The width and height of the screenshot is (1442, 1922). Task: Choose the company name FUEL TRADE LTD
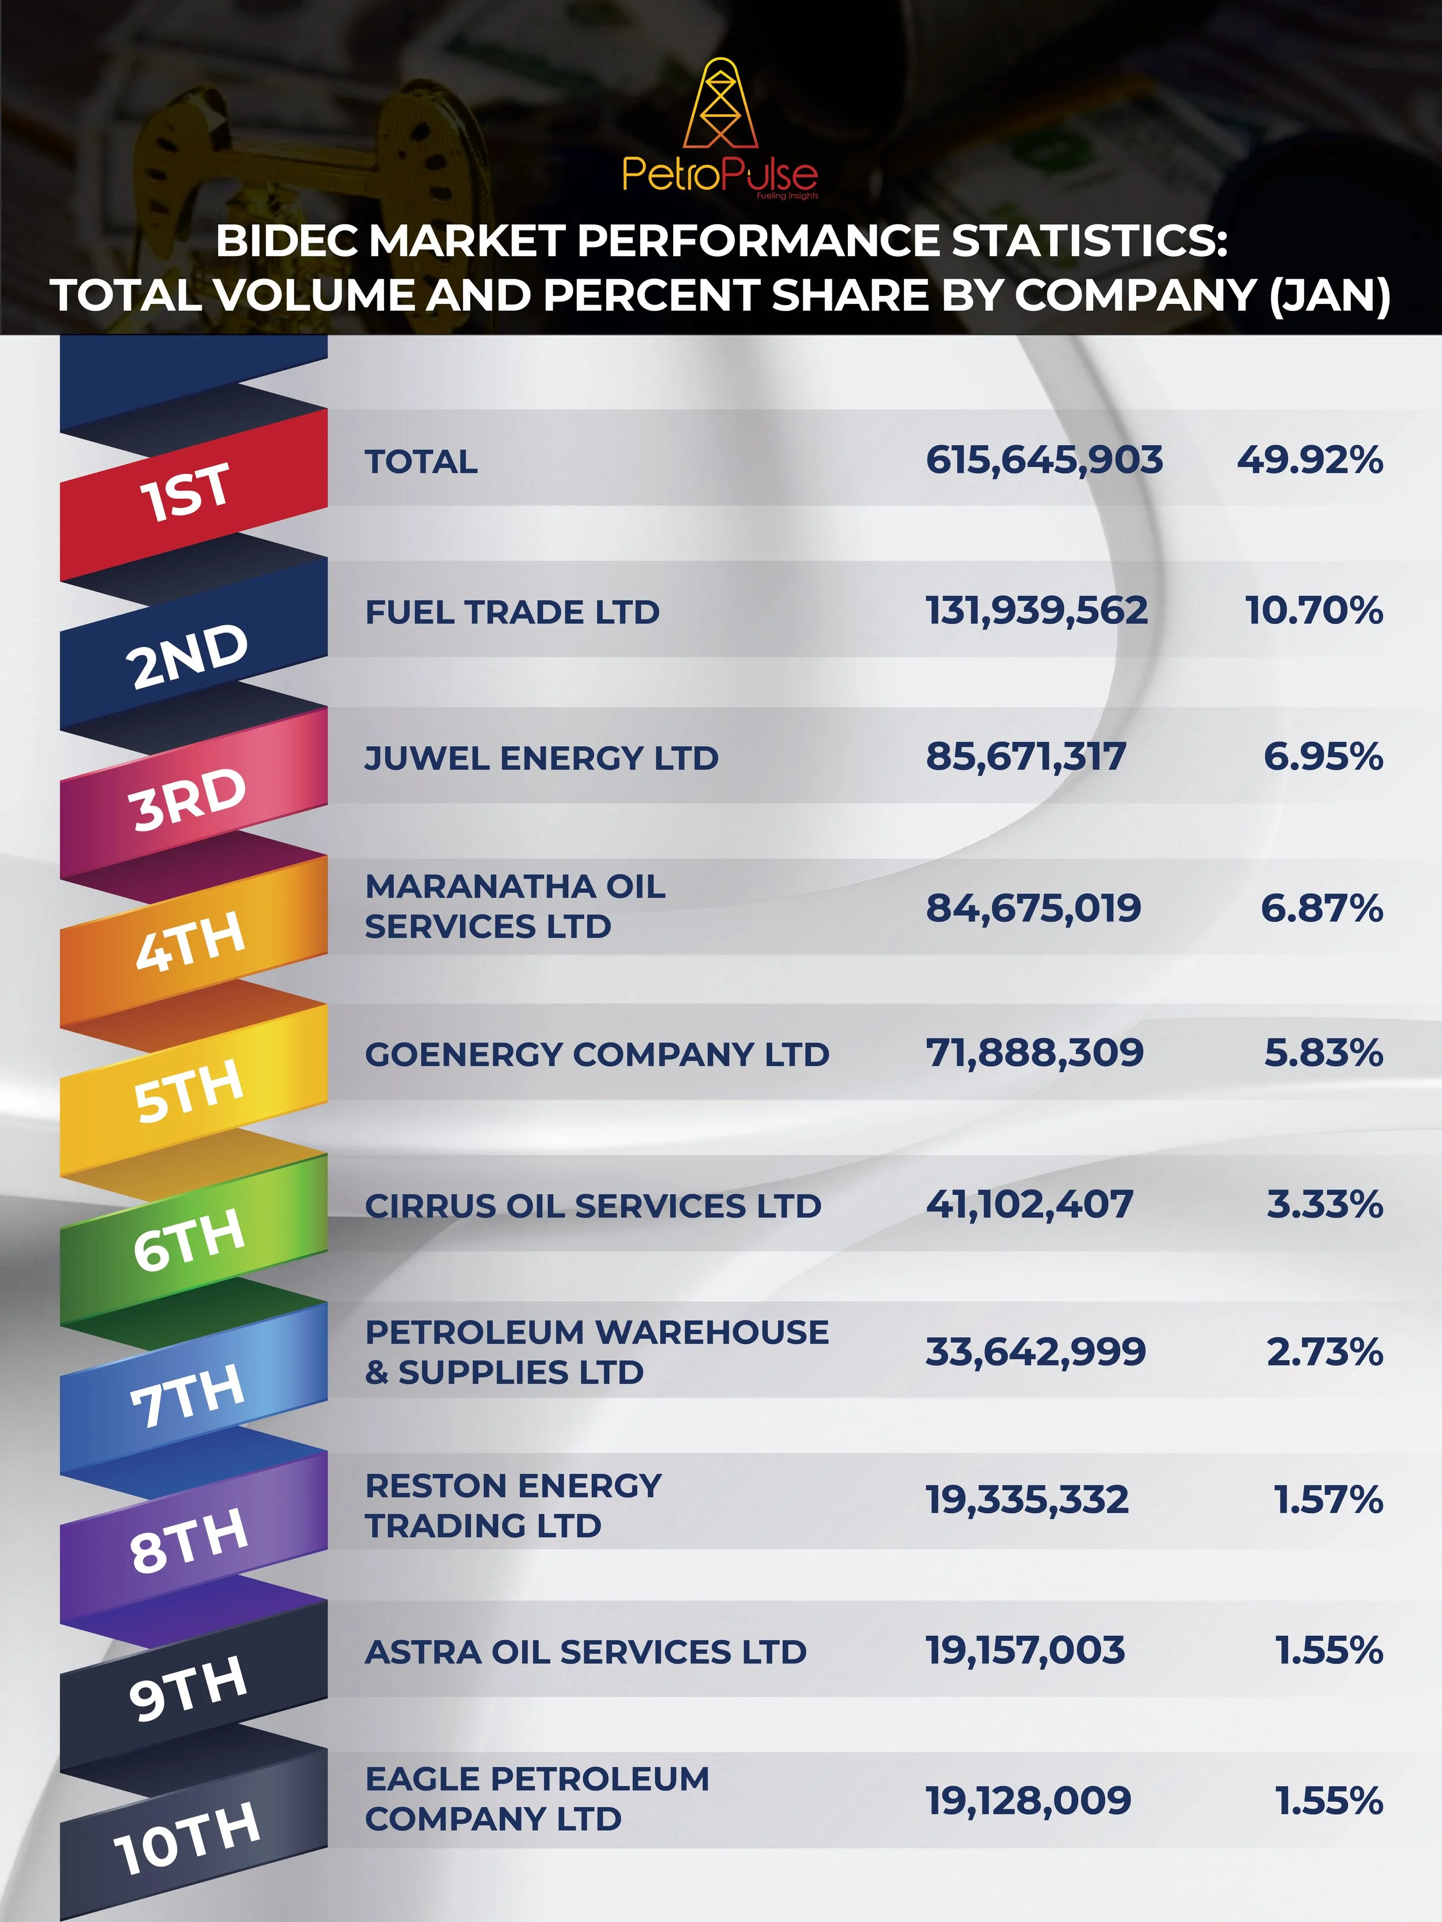pos(512,612)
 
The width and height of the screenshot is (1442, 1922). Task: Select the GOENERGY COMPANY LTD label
pos(597,1054)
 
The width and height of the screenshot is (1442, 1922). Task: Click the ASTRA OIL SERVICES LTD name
pos(586,1652)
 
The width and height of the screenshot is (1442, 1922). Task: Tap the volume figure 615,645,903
pos(1044,460)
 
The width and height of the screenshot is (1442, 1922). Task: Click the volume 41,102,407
pos(1029,1204)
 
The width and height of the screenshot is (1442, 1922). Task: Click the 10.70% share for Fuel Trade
pos(1314,610)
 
